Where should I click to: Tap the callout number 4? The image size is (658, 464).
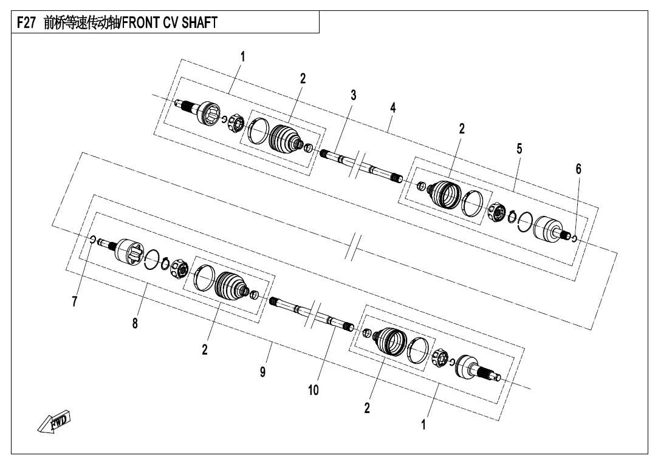[x=393, y=107]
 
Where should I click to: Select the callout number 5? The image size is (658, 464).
[x=519, y=148]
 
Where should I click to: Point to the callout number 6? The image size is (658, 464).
[x=578, y=169]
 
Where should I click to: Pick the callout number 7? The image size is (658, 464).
[x=75, y=301]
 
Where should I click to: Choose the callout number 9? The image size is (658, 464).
[x=262, y=372]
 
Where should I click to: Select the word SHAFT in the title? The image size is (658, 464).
[x=197, y=23]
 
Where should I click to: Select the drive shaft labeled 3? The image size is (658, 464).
[x=358, y=164]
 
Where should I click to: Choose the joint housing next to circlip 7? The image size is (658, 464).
[x=128, y=250]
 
